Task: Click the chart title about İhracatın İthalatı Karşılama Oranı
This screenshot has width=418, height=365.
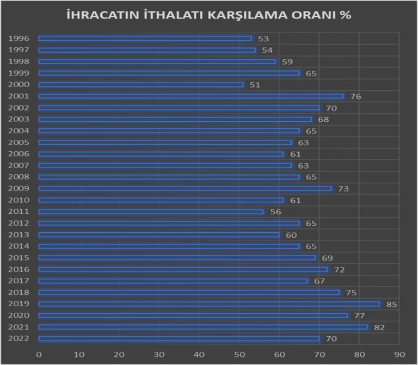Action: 208,15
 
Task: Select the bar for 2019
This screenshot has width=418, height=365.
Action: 209,304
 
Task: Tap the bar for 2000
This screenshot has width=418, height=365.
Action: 141,85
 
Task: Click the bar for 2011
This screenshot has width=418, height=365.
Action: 151,212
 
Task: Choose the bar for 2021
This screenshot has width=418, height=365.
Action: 203,327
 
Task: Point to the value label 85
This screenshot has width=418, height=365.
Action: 391,304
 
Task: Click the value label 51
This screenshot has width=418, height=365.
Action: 255,85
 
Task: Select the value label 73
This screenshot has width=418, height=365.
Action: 343,189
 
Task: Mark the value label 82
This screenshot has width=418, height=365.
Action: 379,327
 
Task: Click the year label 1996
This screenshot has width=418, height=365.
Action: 19,39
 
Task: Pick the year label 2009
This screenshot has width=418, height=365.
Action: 19,189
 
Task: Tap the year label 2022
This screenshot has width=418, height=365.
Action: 19,339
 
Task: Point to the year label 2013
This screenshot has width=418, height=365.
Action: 19,235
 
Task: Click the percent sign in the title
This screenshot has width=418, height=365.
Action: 345,15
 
